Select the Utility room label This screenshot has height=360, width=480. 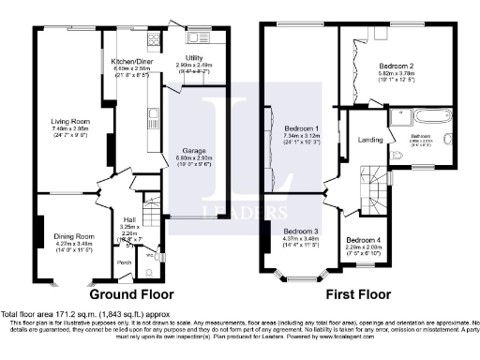194,57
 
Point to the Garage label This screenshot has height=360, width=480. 192,150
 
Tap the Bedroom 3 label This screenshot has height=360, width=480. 301,231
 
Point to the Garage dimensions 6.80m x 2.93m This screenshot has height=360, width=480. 192,157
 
